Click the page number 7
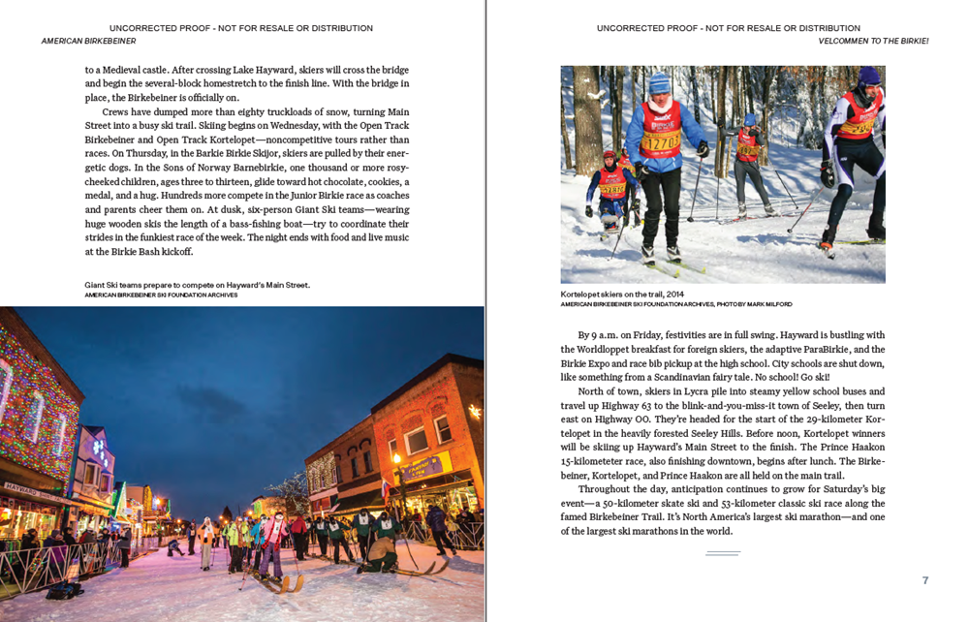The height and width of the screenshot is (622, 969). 924,580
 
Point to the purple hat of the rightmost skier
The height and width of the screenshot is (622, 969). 869,76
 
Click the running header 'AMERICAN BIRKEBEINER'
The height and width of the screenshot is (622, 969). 88,42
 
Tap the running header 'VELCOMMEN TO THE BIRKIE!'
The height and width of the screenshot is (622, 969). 873,42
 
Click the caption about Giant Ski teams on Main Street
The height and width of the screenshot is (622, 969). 197,285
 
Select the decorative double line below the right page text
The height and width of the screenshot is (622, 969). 722,552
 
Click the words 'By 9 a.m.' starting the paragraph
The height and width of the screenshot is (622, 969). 600,335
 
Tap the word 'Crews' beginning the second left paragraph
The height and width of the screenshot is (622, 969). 114,112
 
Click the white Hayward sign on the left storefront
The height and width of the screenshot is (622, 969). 21,487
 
